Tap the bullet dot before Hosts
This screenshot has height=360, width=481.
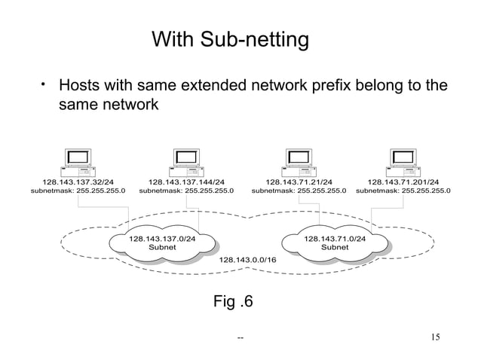click(43, 80)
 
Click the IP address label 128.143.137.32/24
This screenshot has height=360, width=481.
click(78, 182)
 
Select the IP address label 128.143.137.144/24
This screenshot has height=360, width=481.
click(186, 182)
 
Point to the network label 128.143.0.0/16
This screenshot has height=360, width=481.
click(248, 259)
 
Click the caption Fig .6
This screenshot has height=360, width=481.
click(234, 303)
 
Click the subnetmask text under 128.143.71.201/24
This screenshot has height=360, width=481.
click(403, 191)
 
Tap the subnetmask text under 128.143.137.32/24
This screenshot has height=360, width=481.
click(78, 191)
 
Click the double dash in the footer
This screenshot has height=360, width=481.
click(240, 337)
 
